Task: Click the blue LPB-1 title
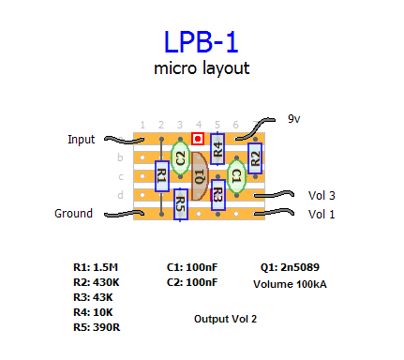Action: [201, 42]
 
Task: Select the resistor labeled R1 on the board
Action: [162, 176]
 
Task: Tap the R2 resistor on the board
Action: [255, 158]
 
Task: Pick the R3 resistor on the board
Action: [218, 195]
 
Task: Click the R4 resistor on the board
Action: [217, 149]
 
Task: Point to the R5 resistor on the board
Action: [181, 204]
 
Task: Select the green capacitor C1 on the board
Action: [236, 176]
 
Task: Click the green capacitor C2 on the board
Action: [180, 157]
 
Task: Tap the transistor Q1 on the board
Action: [200, 176]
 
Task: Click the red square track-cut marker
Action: [198, 139]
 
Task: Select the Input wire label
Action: [82, 140]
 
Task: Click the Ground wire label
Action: [73, 214]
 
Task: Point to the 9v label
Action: [294, 119]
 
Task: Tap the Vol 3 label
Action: [322, 196]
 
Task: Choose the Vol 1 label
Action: [322, 215]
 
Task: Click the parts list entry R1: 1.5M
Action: [96, 267]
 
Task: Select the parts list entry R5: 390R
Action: [97, 327]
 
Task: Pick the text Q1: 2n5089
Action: [290, 267]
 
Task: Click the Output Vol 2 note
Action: [225, 319]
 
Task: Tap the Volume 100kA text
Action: [290, 284]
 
